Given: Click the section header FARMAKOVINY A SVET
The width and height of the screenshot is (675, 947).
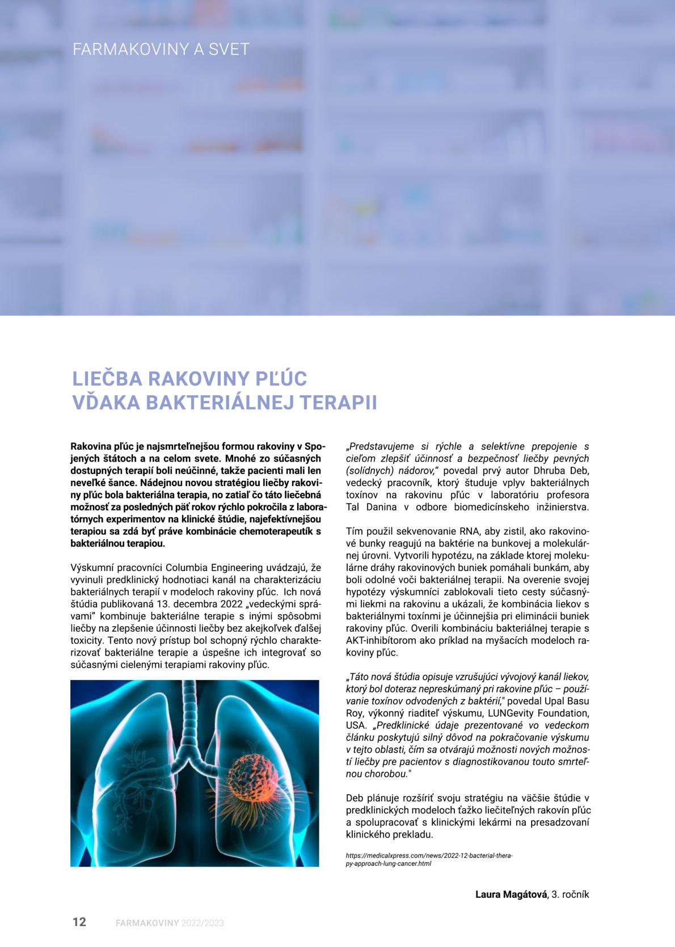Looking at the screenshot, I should pyautogui.click(x=161, y=49).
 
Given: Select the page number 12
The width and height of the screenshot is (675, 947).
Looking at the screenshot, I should pyautogui.click(x=79, y=921).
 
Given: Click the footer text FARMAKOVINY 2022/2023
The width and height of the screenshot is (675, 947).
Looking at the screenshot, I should pyautogui.click(x=170, y=923).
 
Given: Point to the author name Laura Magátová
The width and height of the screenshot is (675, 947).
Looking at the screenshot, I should pyautogui.click(x=511, y=894).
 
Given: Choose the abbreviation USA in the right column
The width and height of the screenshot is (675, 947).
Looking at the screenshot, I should pyautogui.click(x=355, y=725).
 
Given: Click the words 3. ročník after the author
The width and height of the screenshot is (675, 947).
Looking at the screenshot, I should pyautogui.click(x=570, y=894).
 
